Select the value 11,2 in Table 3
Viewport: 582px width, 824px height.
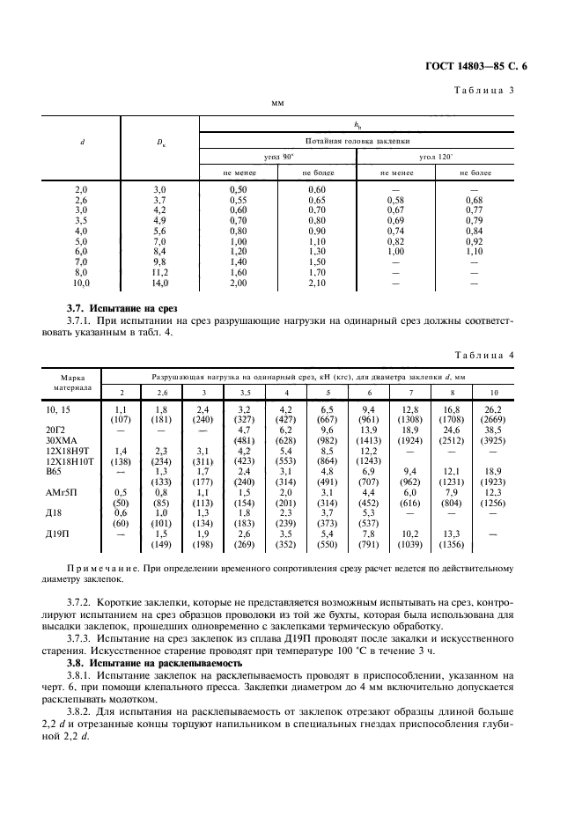(x=158, y=273)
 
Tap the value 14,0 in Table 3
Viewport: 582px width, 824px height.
(x=158, y=284)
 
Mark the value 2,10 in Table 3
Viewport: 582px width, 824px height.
(x=317, y=284)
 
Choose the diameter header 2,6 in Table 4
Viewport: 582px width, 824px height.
(x=162, y=391)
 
